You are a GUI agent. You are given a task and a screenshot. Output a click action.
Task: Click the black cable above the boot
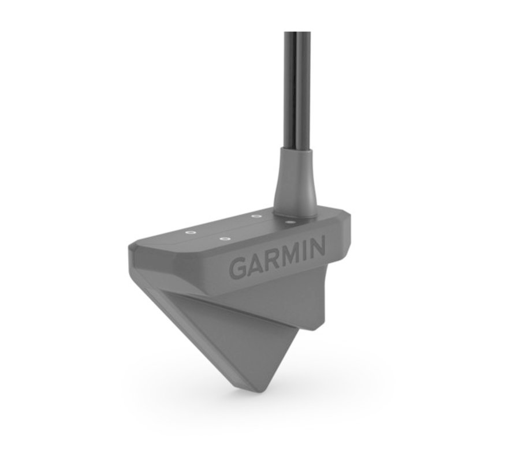[298, 87]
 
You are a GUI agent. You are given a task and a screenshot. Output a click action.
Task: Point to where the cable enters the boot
[298, 149]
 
